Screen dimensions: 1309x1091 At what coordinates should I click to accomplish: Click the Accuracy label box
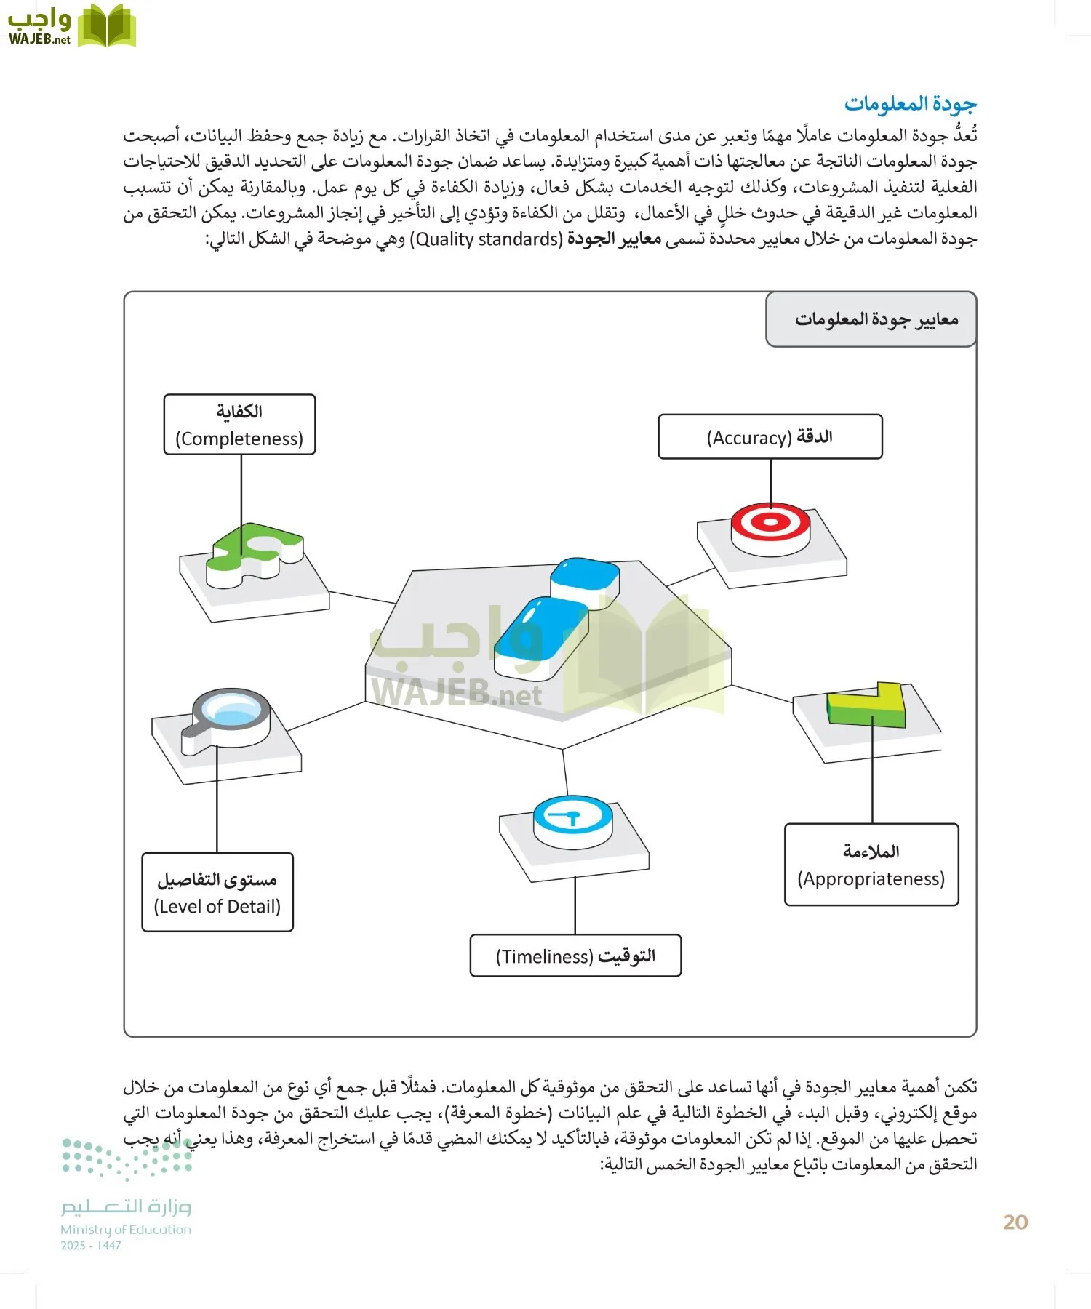pos(770,437)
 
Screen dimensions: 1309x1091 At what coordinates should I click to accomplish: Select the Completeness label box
pos(239,425)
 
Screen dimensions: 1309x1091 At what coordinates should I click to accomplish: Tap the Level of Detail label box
pos(217,892)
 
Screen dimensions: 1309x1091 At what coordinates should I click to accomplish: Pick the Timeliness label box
pos(575,956)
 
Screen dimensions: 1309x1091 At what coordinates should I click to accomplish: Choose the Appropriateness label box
pos(871,865)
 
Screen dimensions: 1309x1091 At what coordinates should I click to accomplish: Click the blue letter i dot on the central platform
pos(586,579)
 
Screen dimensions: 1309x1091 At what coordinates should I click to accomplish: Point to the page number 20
pos(1015,1222)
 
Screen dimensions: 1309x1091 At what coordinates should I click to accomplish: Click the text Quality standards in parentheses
pos(487,239)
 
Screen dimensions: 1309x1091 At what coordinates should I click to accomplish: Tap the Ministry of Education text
pos(126,1230)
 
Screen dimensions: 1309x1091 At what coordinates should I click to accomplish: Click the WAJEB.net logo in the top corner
pos(71,26)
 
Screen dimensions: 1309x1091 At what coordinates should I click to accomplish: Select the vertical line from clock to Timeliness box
pos(575,905)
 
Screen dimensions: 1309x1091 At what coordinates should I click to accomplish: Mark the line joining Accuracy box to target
pos(771,480)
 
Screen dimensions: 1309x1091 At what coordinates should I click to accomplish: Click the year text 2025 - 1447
pos(90,1246)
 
